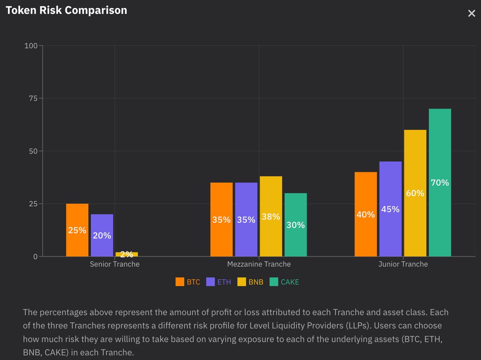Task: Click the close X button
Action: (x=471, y=14)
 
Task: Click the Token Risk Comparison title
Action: (x=66, y=10)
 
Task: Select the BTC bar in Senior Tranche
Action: (x=77, y=230)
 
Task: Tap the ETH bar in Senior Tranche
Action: (x=102, y=235)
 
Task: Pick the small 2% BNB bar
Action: (x=126, y=254)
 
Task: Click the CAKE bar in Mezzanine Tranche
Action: (x=295, y=225)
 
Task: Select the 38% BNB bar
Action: (x=271, y=216)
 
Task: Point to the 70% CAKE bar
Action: (x=440, y=182)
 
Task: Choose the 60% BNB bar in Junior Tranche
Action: (x=415, y=193)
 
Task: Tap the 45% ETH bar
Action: (x=390, y=209)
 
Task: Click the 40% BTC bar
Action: (x=366, y=214)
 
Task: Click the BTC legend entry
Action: (x=188, y=282)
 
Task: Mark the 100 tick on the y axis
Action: (x=31, y=46)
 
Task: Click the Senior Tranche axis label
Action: (x=115, y=264)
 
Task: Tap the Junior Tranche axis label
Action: (x=403, y=264)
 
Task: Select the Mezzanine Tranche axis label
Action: (x=259, y=264)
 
